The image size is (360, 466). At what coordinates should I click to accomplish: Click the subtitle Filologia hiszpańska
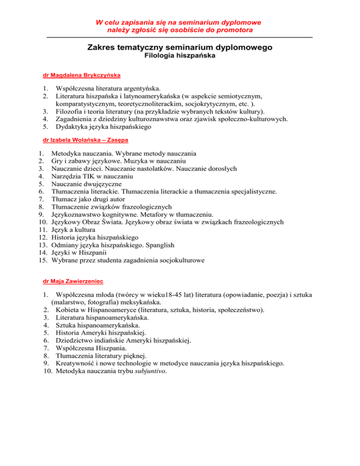pyautogui.click(x=180, y=57)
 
